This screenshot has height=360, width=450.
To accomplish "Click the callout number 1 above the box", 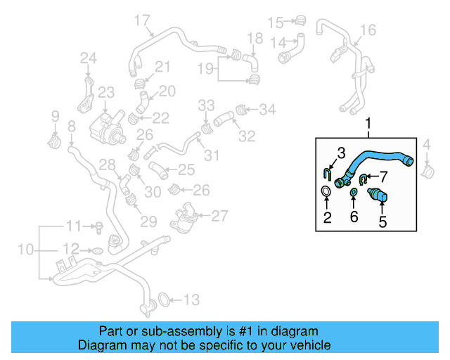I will tap(367, 125).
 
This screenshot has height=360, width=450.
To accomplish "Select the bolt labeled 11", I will tap(101, 227).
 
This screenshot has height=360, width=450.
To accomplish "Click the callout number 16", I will tap(368, 30).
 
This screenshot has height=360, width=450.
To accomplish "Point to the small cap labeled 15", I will tap(300, 20).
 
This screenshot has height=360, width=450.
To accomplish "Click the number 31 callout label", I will tap(212, 155).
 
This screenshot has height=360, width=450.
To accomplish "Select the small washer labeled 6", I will tap(353, 194).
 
